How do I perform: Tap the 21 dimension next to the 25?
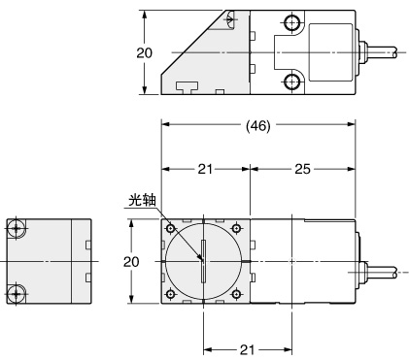(206, 170)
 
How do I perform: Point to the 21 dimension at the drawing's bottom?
(246, 350)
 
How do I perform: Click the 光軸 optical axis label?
(141, 202)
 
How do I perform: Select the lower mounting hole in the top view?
(291, 82)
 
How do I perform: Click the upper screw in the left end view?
(17, 229)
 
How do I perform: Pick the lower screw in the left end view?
(17, 293)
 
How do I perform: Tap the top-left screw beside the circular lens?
(171, 229)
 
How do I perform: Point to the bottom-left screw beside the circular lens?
(171, 293)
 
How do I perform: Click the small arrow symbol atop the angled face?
(229, 18)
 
